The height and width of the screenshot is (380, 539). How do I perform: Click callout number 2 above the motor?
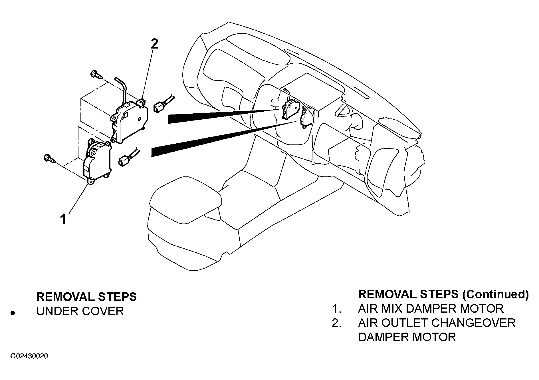tap(154, 45)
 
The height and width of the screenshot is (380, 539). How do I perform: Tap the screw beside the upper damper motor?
tap(97, 75)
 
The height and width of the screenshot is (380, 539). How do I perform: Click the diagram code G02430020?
tap(29, 356)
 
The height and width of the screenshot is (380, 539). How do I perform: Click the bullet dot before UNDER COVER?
tap(12, 313)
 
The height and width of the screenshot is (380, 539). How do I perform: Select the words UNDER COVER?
tap(80, 311)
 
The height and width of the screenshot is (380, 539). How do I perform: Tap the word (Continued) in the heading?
tap(495, 294)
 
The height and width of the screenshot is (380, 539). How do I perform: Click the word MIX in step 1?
tap(394, 309)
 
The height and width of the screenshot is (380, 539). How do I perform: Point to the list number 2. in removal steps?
tap(337, 323)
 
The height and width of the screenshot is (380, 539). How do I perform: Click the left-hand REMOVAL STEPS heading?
tap(86, 297)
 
